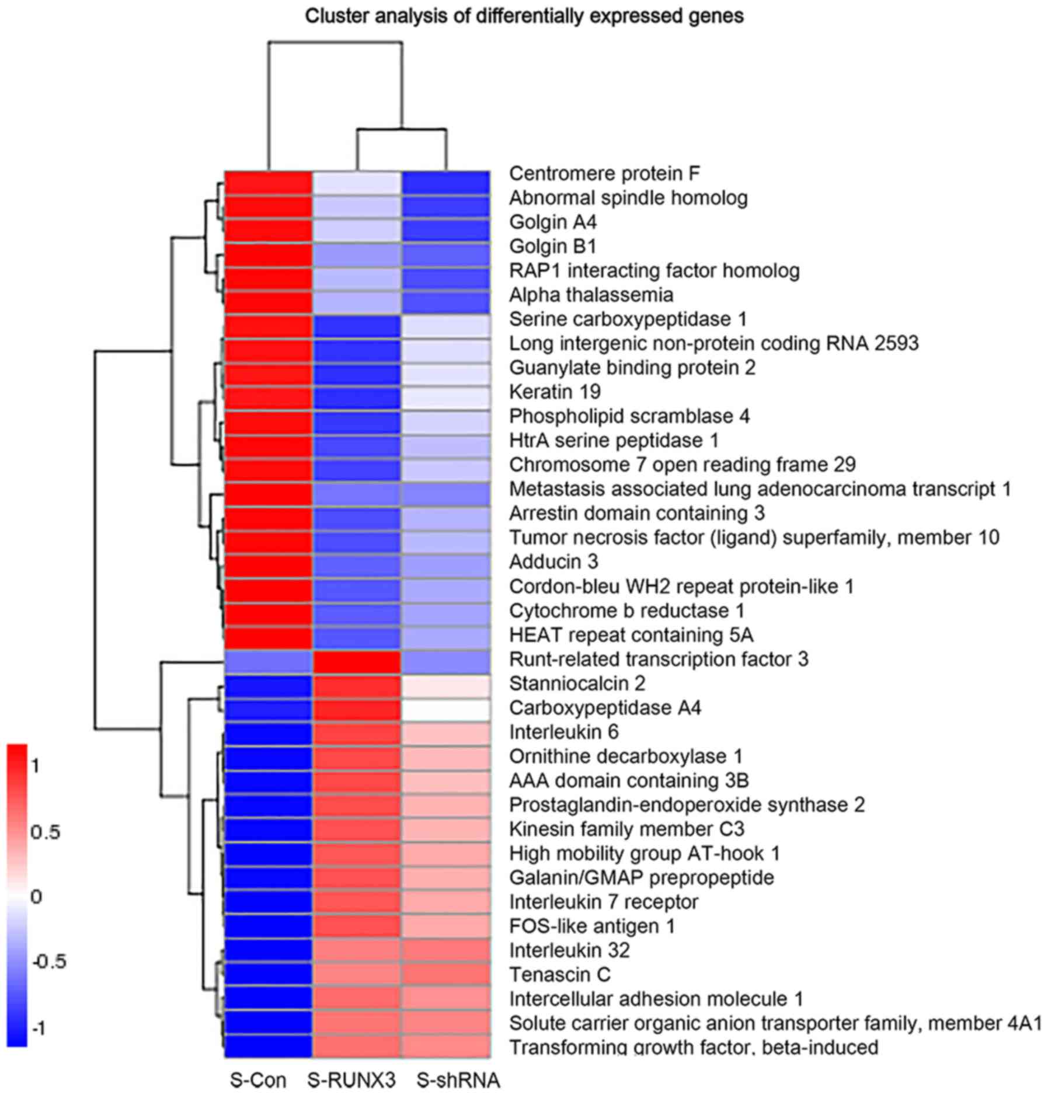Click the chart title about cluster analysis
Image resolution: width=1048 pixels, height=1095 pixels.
click(524, 16)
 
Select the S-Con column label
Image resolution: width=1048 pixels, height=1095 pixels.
click(258, 1080)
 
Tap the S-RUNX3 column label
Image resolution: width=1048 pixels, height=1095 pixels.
click(351, 1080)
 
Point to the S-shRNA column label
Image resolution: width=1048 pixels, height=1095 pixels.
click(458, 1080)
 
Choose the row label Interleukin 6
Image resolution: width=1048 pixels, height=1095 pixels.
click(563, 732)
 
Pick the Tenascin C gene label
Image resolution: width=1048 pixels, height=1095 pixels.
click(559, 975)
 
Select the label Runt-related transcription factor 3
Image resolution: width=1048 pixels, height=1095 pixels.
click(659, 659)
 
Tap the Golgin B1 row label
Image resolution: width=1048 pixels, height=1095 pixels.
click(552, 246)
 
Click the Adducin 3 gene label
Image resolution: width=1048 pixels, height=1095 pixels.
click(553, 562)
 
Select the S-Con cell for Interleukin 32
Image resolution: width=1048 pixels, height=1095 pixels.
click(268, 950)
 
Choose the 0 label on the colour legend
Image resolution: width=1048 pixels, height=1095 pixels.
click(36, 897)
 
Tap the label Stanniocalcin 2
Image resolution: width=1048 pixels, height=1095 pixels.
click(577, 683)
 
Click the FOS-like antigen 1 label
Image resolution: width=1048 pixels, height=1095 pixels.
click(591, 926)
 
